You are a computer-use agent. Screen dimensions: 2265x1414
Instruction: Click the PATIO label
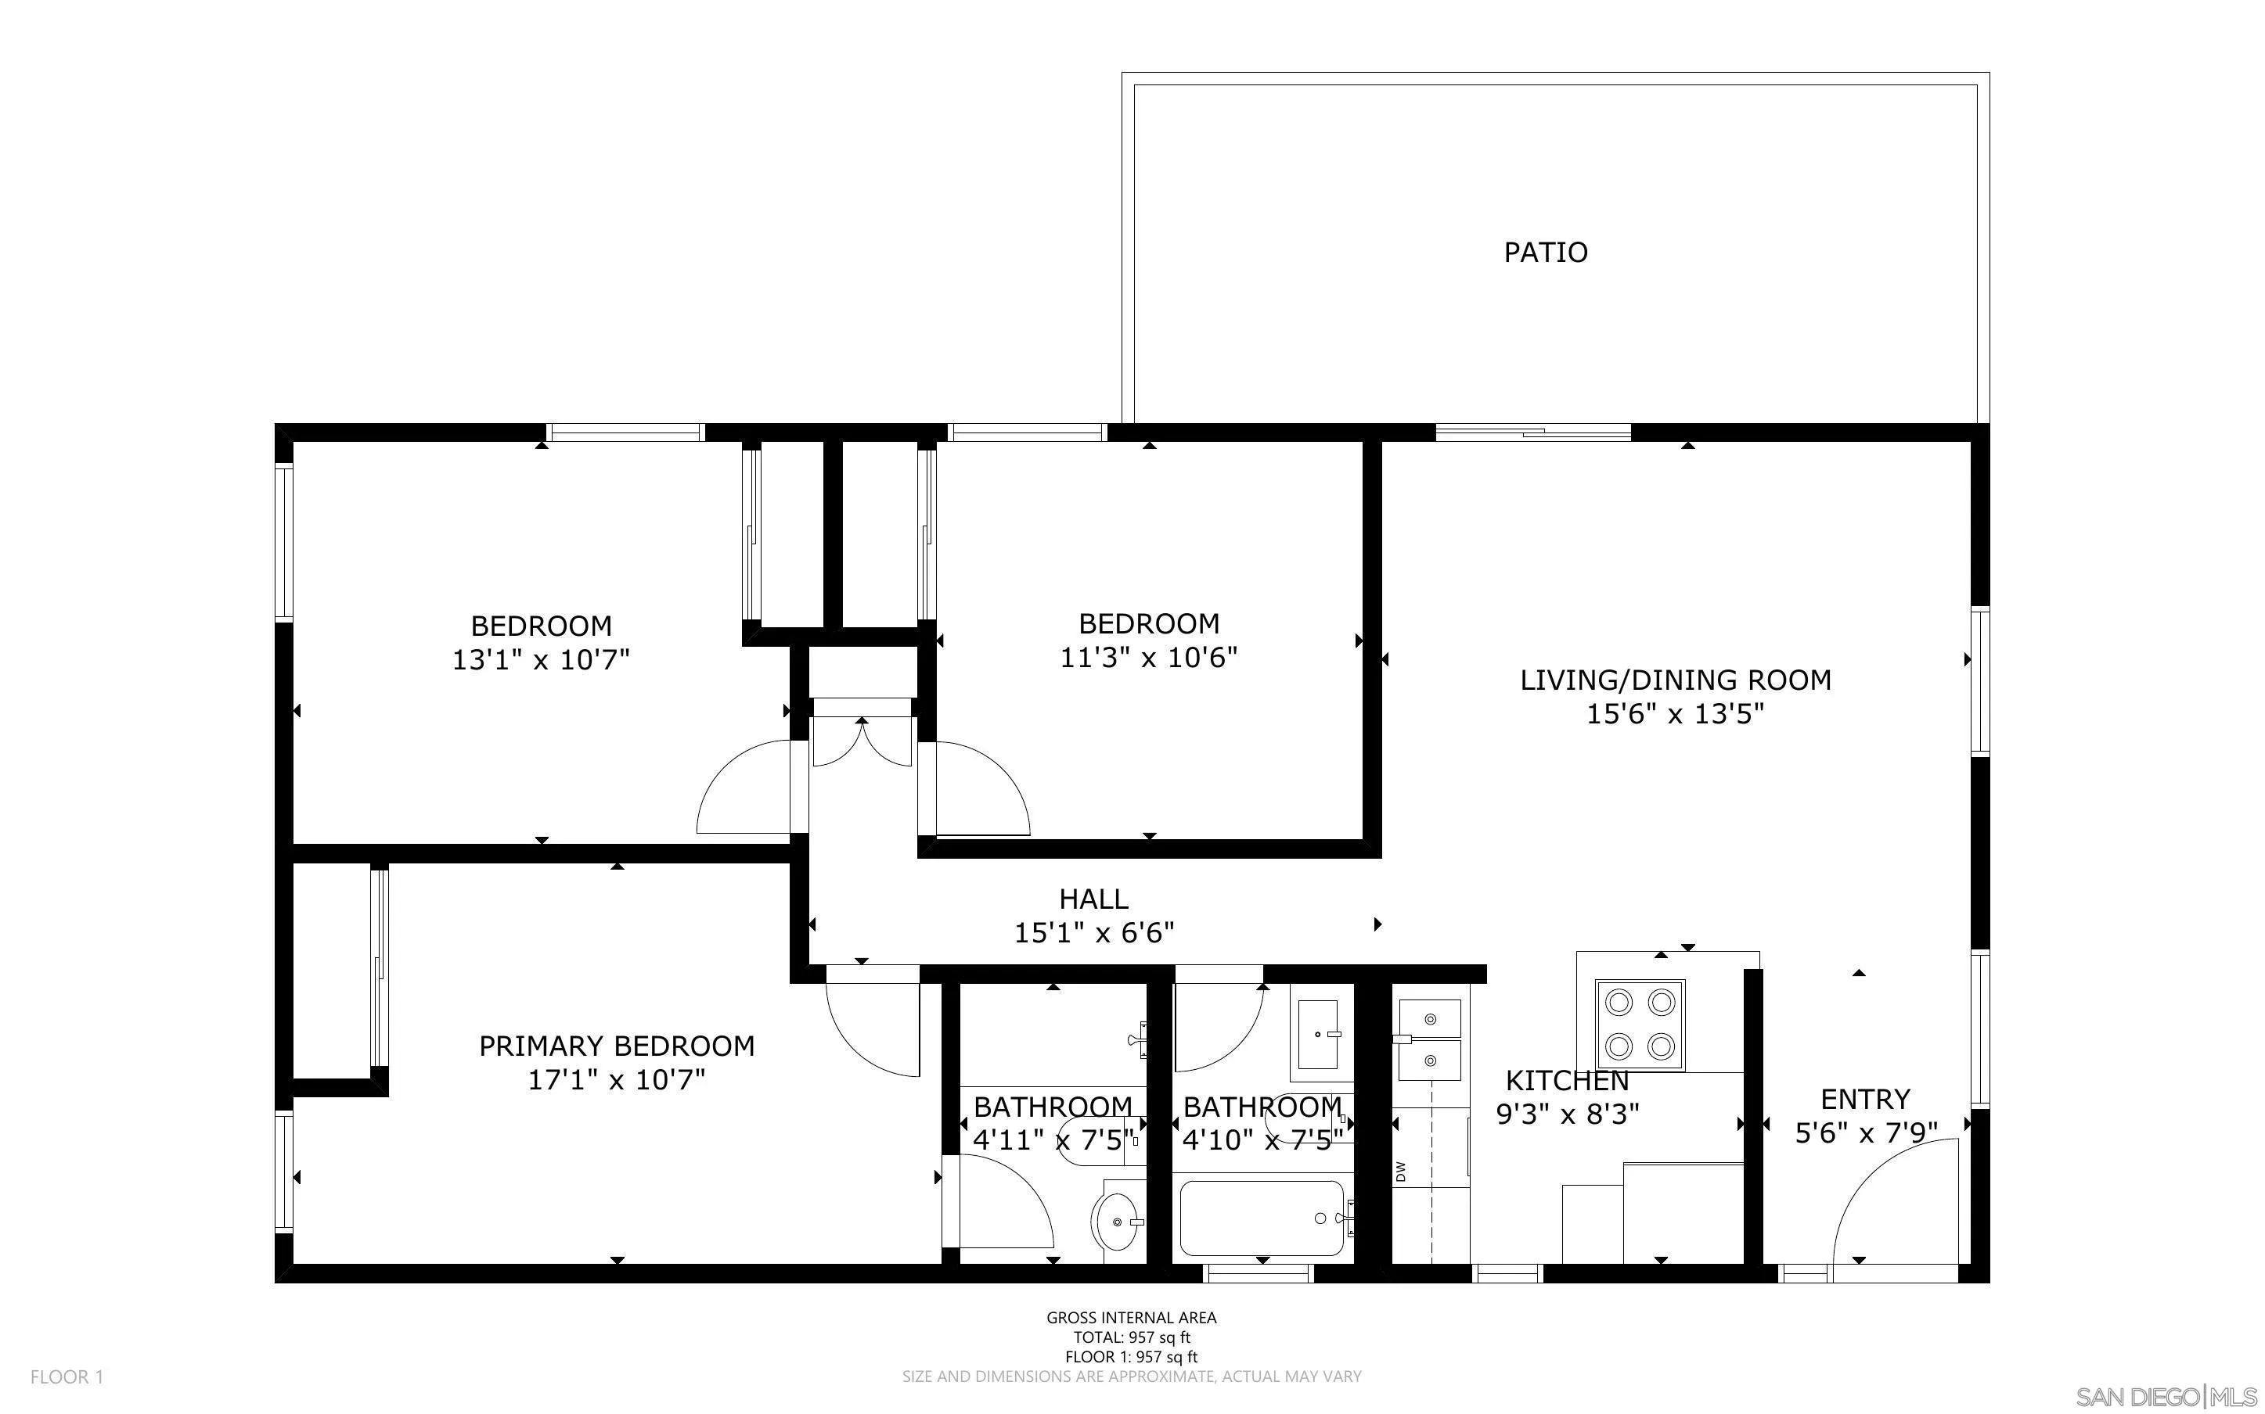pyautogui.click(x=1545, y=253)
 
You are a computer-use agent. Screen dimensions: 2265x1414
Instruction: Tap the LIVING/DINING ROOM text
pyautogui.click(x=1675, y=680)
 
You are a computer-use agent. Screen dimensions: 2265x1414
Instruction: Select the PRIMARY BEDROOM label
pyautogui.click(x=617, y=1046)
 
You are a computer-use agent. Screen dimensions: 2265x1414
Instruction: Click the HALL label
pyautogui.click(x=1093, y=899)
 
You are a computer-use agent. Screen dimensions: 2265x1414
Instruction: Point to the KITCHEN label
pyautogui.click(x=1567, y=1081)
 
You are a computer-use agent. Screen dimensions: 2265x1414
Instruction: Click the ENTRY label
pyautogui.click(x=1864, y=1099)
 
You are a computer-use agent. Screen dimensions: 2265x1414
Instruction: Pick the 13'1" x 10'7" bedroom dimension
pyautogui.click(x=541, y=660)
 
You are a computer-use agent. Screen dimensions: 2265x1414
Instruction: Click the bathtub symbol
pyautogui.click(x=1261, y=1218)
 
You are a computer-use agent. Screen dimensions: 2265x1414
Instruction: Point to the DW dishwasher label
pyautogui.click(x=1400, y=1172)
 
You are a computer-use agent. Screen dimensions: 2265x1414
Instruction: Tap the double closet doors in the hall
pyautogui.click(x=862, y=742)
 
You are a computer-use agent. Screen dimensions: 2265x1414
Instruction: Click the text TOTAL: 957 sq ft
pyautogui.click(x=1131, y=1337)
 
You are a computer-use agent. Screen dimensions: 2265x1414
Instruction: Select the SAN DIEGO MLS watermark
pyautogui.click(x=2166, y=1396)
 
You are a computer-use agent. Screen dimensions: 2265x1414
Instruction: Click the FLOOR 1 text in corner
pyautogui.click(x=67, y=1376)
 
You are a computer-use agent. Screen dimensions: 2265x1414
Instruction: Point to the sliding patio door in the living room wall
pyautogui.click(x=1532, y=432)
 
